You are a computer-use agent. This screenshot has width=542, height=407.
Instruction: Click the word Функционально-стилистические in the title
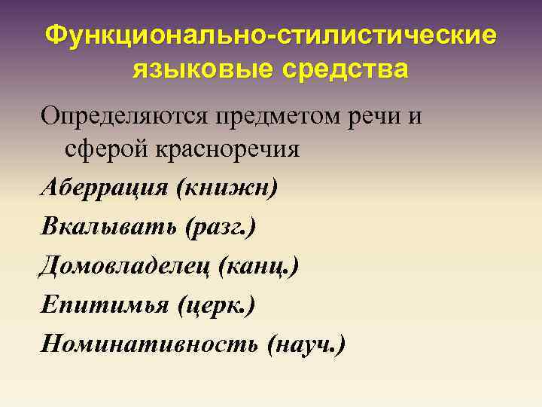(271, 35)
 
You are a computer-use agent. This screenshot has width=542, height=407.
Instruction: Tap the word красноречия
(226, 149)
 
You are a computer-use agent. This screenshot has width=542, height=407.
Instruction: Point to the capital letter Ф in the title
(55, 35)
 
